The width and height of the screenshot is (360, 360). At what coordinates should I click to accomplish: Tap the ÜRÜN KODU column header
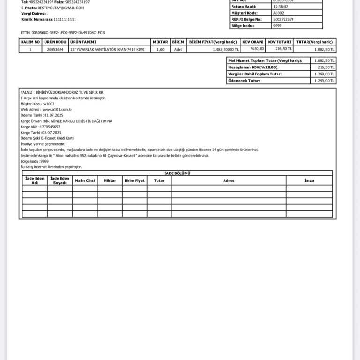55,42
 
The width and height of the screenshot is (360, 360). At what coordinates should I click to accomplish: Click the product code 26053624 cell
55,49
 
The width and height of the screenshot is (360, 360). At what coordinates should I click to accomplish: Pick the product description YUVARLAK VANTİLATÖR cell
107,49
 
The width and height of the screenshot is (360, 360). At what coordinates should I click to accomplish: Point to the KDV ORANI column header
253,42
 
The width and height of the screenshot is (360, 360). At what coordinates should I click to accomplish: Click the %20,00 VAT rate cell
257,49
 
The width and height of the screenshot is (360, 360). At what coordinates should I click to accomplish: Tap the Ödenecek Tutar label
244,81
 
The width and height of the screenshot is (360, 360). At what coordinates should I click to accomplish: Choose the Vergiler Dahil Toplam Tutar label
255,74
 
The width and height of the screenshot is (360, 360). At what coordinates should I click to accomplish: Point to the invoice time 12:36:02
282,7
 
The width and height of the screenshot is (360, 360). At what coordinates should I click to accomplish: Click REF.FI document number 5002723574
284,19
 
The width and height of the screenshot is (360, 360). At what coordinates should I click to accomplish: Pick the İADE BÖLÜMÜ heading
178,173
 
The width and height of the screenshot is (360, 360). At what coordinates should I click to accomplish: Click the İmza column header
309,180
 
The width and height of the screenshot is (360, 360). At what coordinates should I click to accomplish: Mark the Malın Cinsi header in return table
85,180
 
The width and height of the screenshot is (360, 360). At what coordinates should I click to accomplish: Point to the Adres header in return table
229,180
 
